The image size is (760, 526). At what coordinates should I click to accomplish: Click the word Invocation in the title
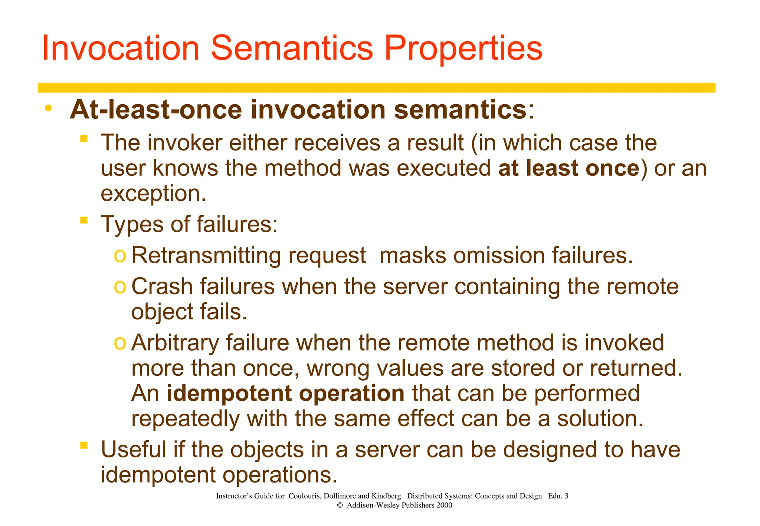(121, 48)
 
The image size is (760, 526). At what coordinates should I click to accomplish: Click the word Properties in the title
(463, 49)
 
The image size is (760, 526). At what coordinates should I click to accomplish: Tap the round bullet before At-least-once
(48, 108)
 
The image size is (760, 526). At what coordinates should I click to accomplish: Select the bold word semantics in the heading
(460, 110)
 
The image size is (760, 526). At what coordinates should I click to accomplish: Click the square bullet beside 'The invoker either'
(84, 139)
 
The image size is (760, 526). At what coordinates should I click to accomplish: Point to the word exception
(153, 194)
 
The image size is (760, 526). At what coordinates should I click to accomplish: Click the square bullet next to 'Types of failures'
(84, 220)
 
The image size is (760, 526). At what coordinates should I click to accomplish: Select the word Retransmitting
(206, 256)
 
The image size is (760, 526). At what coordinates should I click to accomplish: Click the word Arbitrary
(175, 343)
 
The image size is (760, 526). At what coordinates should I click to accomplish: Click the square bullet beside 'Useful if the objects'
(84, 445)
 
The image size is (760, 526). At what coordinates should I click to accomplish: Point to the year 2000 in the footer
(444, 505)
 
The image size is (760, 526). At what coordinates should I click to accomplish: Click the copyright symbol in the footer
(339, 505)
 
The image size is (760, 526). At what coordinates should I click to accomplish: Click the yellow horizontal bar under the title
(376, 88)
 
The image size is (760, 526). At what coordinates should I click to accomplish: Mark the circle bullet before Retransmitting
(120, 256)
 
